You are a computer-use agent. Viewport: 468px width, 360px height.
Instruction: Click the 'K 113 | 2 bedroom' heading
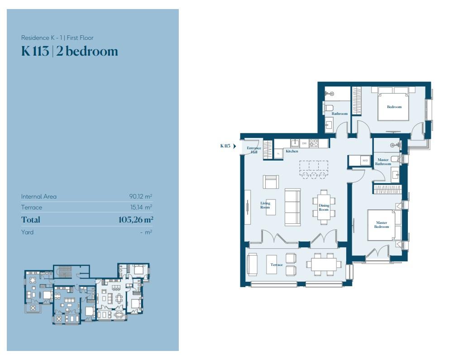click(x=69, y=51)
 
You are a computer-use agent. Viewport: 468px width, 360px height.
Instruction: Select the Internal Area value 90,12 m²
click(x=140, y=197)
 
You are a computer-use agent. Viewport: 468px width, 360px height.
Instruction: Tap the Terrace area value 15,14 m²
click(x=141, y=208)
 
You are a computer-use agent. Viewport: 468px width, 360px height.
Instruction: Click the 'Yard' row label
click(x=27, y=232)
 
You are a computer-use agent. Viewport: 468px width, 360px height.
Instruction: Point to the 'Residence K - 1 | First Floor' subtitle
click(x=57, y=38)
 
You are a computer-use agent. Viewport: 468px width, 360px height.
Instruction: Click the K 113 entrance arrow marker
click(x=234, y=146)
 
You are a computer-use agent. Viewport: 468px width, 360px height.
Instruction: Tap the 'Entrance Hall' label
click(x=254, y=150)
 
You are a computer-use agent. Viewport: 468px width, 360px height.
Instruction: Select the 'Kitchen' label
click(x=291, y=151)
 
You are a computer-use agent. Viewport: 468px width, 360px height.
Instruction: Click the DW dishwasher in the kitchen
click(x=304, y=143)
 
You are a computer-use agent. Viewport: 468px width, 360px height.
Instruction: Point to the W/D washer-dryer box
click(x=365, y=161)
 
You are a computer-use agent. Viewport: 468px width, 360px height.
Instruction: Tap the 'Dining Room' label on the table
click(x=324, y=208)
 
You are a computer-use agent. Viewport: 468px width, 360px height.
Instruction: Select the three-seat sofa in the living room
click(x=292, y=208)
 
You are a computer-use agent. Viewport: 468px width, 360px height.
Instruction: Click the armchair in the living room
click(x=271, y=182)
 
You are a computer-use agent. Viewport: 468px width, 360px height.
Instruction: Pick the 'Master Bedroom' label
click(x=381, y=224)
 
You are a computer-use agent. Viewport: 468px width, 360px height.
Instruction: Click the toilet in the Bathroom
click(x=328, y=108)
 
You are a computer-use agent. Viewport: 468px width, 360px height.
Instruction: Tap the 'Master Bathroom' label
click(x=382, y=162)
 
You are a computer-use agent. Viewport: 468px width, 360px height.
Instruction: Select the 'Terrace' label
click(x=277, y=265)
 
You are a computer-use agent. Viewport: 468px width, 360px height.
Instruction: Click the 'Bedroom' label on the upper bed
click(x=394, y=107)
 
